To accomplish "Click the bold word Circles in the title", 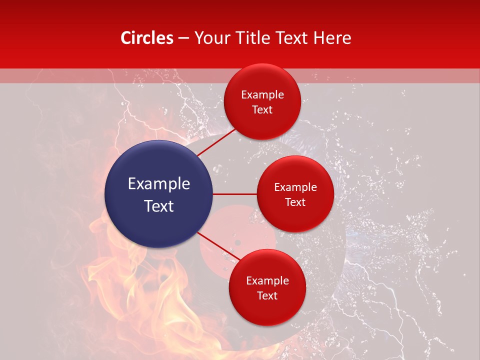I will coord(147,38).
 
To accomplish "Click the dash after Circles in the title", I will coord(183,38).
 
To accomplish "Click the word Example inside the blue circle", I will coord(159,184).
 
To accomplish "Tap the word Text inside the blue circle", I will coord(159,206).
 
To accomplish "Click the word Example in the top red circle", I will coord(262,95).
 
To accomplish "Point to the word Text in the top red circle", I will coord(262,110).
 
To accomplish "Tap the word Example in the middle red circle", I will coord(295,187).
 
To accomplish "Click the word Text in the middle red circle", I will coord(295,202).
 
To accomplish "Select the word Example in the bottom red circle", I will coord(267,281).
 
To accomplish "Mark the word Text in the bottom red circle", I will coord(267,296).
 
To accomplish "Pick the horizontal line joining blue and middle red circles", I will coord(235,194).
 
